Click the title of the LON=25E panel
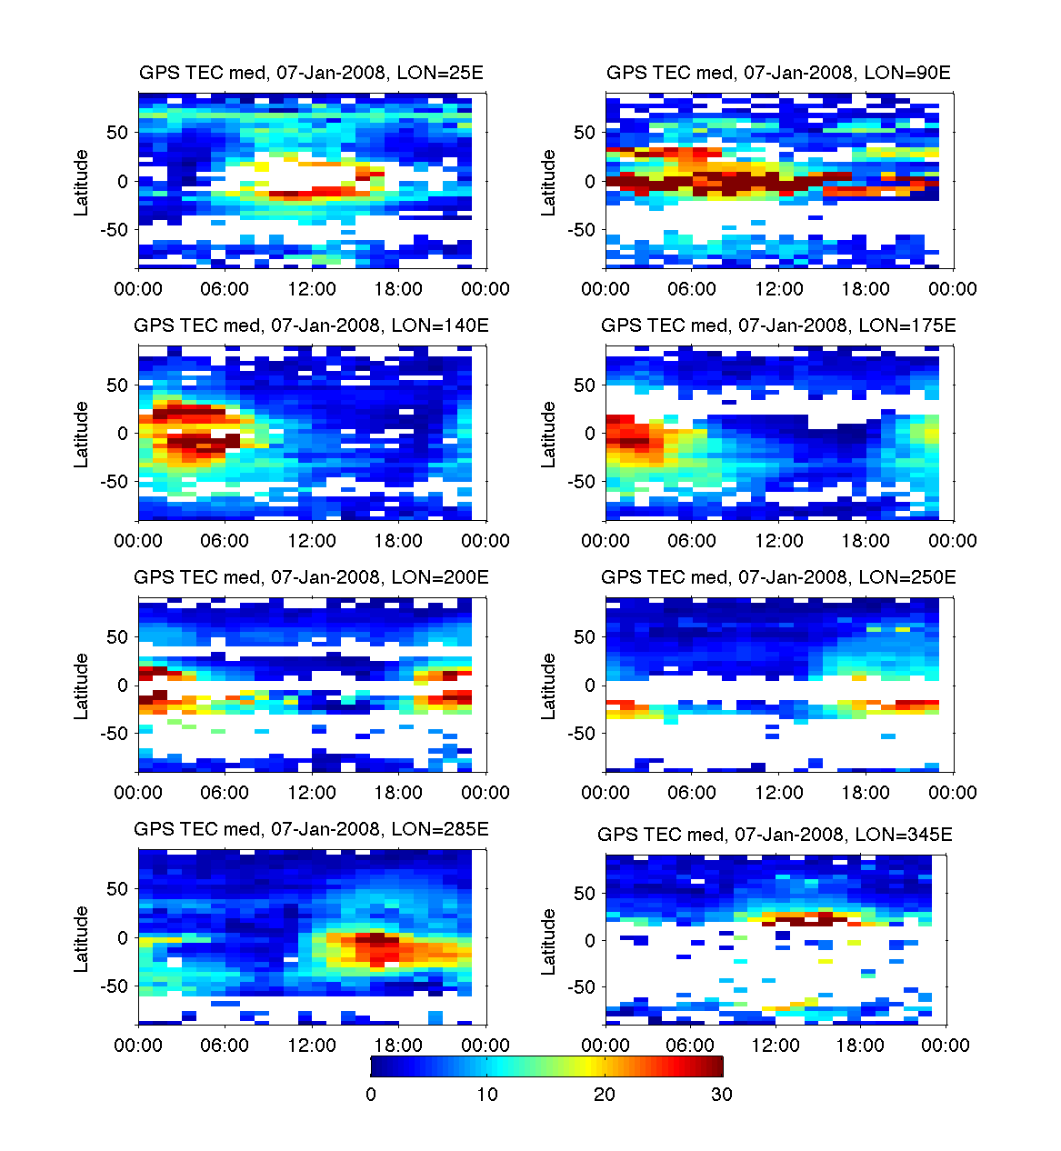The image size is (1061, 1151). pos(311,74)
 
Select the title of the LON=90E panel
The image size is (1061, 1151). pos(778,74)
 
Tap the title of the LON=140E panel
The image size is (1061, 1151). pos(311,325)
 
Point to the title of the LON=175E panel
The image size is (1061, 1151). pos(778,325)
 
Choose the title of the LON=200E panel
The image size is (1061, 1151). pos(311,577)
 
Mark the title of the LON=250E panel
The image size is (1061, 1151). pos(778,577)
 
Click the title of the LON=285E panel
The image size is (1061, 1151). pos(311,829)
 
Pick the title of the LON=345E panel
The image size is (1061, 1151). pos(775,835)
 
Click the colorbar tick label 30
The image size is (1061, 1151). pos(721,1095)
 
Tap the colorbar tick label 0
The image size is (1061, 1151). pos(371,1095)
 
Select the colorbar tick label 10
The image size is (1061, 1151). pos(487,1095)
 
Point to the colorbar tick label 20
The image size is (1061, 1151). pos(605,1095)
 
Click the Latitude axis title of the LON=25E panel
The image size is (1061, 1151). pos(82,183)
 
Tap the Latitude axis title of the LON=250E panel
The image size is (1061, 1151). pos(548,686)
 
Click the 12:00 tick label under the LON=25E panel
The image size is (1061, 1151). pos(312,289)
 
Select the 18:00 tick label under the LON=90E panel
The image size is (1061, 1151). pos(866,289)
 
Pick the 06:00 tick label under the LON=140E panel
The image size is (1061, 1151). pos(225,541)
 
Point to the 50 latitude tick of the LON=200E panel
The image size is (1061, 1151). pos(117,637)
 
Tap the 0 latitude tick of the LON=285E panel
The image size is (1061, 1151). pos(123,937)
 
